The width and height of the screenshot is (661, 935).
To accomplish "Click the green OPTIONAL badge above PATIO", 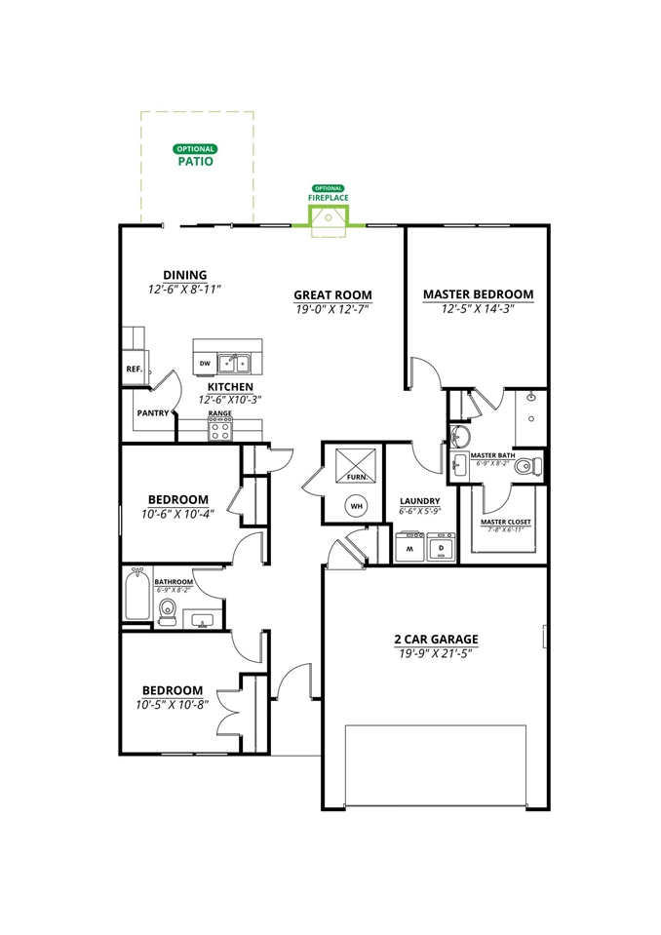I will (195, 149).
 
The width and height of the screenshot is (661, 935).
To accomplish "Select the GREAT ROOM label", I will (333, 294).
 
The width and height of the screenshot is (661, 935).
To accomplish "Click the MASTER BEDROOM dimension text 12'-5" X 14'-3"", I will (478, 308).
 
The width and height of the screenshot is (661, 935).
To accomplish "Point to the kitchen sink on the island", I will (234, 364).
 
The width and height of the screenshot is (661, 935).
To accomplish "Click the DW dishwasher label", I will (205, 364).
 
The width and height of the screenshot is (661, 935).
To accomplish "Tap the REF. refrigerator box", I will (134, 370).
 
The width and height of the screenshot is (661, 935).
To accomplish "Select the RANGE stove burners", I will (220, 428).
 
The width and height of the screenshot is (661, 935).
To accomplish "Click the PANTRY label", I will (152, 413).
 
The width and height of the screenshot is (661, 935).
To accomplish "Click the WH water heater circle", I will (356, 506).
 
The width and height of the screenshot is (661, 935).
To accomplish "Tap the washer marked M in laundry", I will (410, 548).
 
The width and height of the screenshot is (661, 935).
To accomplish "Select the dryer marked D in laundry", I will (441, 548).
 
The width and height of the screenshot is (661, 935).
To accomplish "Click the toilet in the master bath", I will (527, 465).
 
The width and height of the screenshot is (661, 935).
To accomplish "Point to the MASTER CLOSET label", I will (506, 522).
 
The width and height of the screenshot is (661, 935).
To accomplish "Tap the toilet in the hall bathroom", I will (168, 612).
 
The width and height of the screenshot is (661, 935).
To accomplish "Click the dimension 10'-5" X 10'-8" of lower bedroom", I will (172, 704).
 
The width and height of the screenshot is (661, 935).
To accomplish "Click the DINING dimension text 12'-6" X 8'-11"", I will (184, 289).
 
